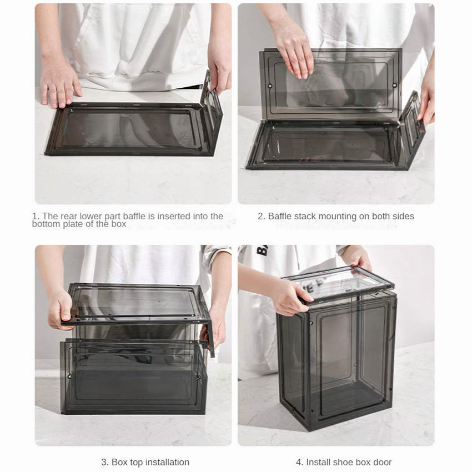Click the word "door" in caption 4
point(382,462)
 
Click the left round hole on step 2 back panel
point(270,86)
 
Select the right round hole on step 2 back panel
point(394,86)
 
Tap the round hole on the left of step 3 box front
point(70,376)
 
